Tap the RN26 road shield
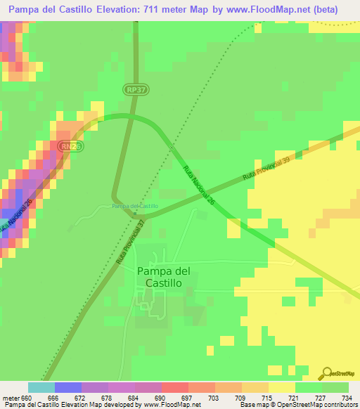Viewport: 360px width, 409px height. [68, 146]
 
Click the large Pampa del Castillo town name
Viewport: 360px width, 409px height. [164, 276]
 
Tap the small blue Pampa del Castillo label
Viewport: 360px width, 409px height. [135, 206]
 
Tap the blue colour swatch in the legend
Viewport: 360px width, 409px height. [68, 387]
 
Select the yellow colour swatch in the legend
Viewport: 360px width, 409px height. [282, 387]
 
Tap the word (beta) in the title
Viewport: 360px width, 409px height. [326, 10]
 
